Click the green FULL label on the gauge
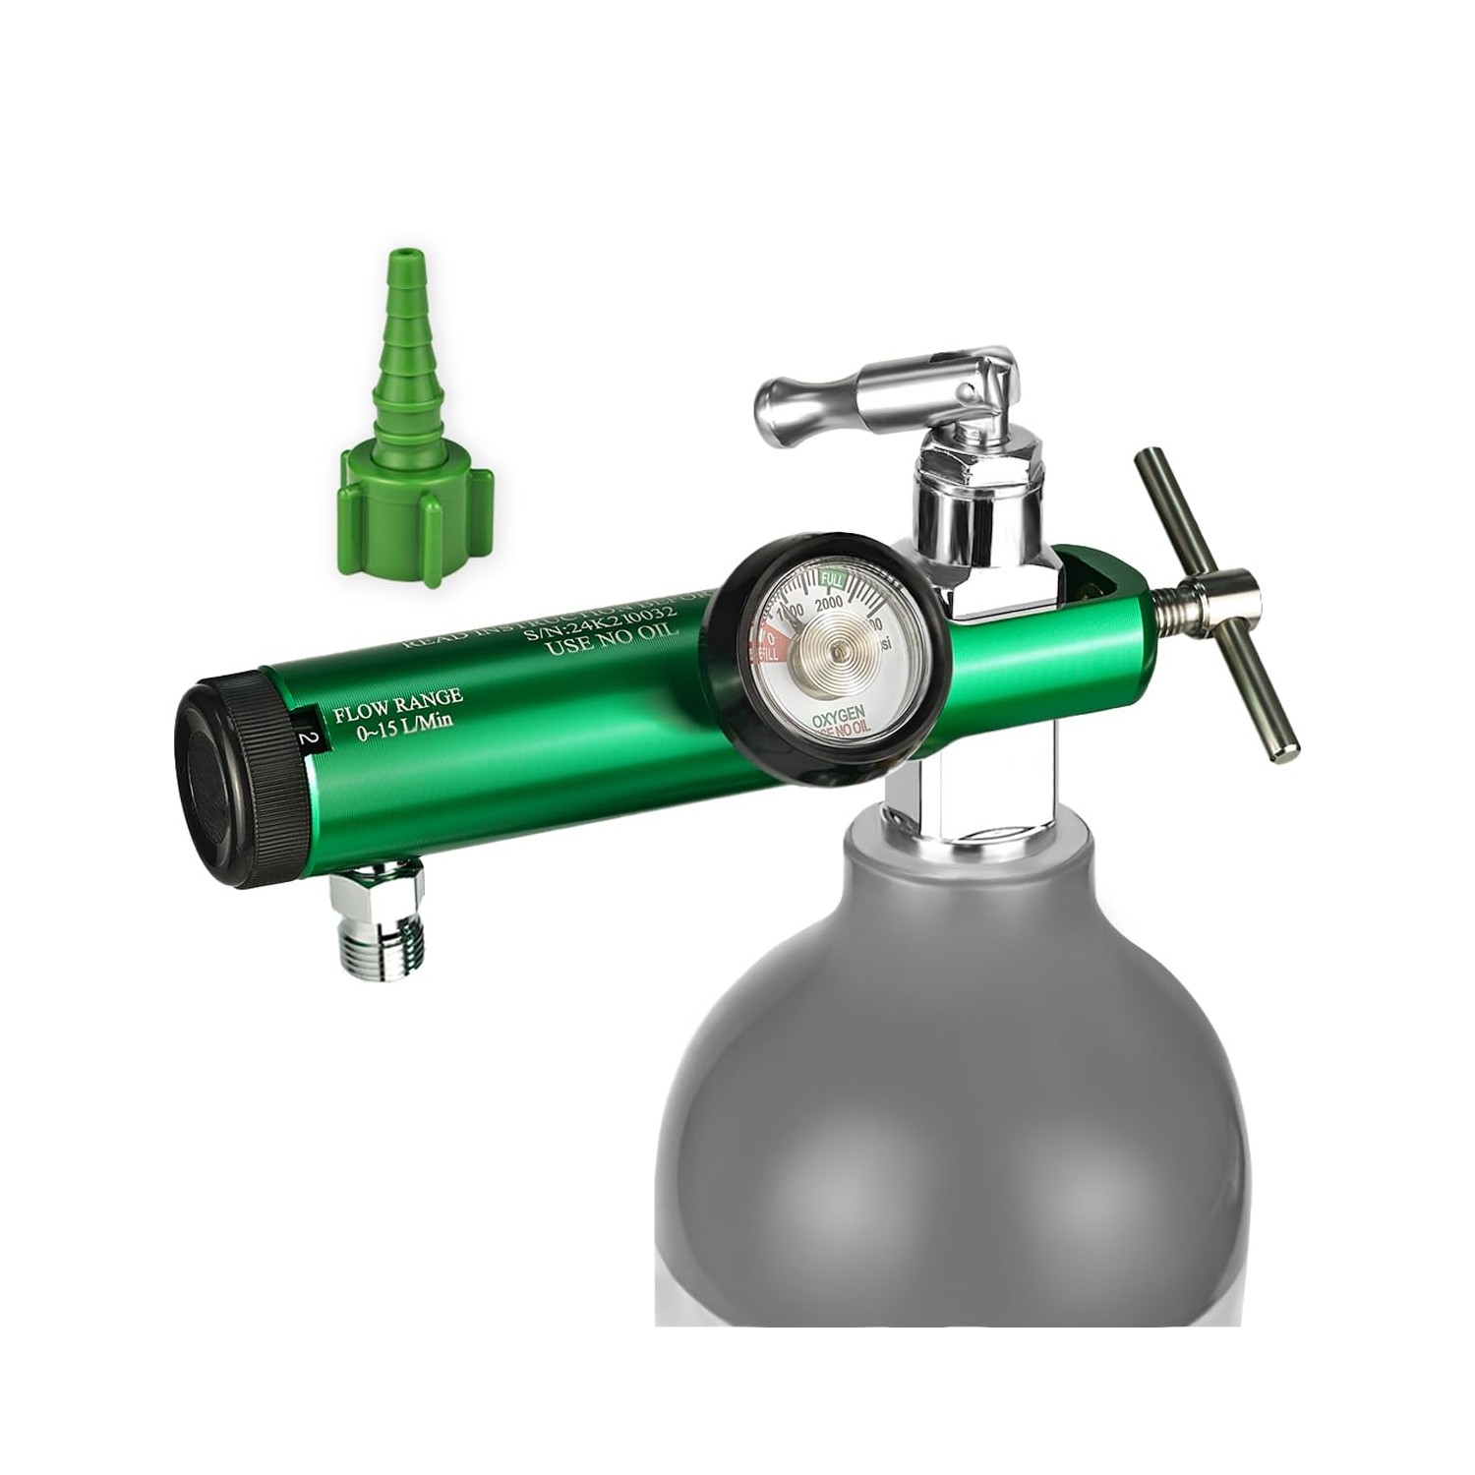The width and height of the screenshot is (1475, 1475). (x=832, y=578)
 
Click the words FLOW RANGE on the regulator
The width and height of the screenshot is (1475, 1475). (x=397, y=700)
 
